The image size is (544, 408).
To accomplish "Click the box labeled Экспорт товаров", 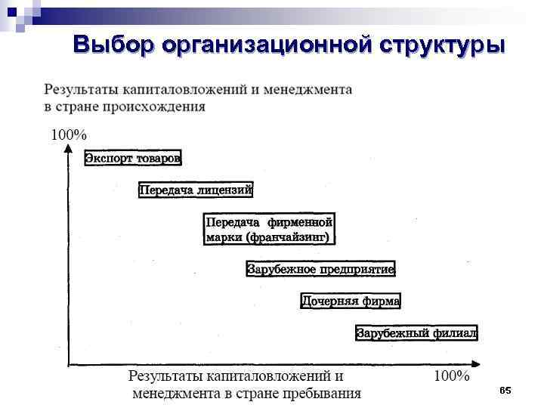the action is coord(133,158).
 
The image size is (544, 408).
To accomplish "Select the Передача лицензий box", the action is coord(196,190).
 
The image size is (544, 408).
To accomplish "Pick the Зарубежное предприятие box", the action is coord(321,269).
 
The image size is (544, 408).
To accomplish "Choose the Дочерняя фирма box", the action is coord(351,301).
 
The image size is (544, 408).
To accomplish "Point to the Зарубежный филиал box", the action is coord(416,332).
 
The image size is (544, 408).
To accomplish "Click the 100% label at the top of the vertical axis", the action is coord(68,135).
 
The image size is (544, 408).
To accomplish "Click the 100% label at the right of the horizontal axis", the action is coord(451,376).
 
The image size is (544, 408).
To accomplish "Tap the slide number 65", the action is coord(505,390).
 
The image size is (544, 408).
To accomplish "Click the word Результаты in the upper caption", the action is coord(80,89).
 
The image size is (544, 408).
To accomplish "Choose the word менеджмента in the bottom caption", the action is coord(178,393).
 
